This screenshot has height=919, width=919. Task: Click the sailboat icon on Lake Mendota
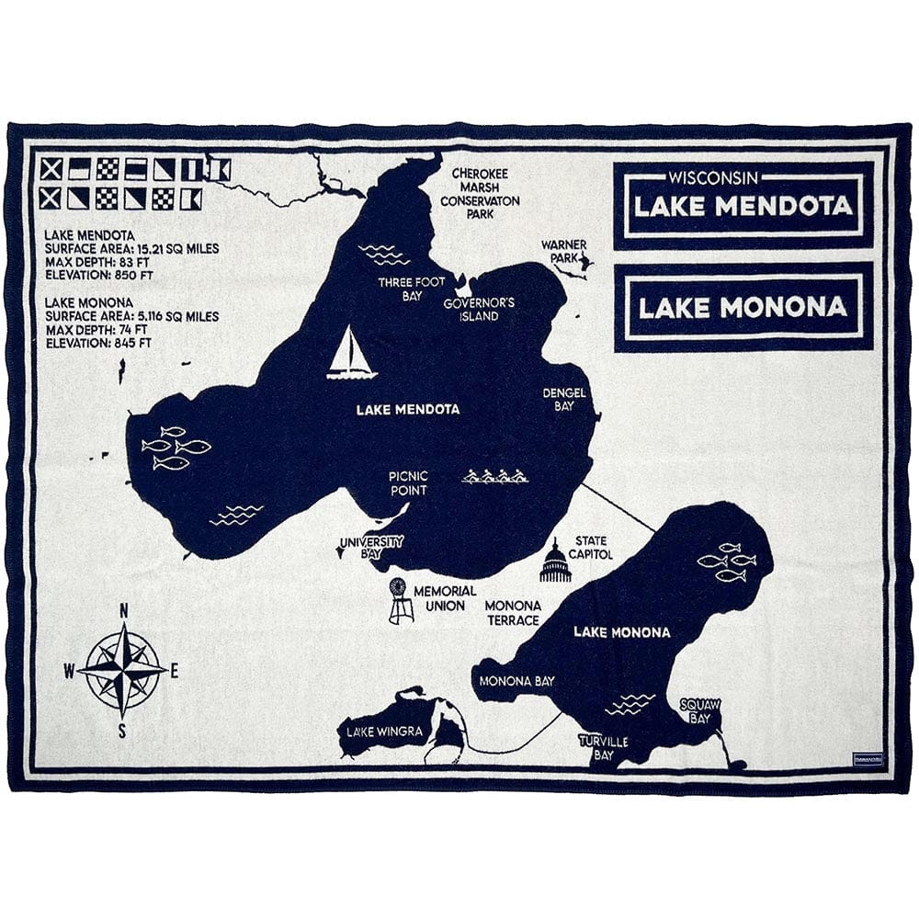(x=351, y=354)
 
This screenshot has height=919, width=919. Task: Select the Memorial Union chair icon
(x=400, y=601)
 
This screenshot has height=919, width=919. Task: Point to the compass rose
(x=122, y=669)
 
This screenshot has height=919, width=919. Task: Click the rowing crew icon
(x=494, y=476)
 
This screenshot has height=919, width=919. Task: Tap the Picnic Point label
(x=408, y=483)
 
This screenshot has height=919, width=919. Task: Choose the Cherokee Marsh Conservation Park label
(x=480, y=193)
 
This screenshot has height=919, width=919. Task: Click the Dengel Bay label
(x=564, y=399)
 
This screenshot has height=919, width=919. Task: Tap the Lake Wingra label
(x=372, y=732)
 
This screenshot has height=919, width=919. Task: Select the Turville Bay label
(x=603, y=747)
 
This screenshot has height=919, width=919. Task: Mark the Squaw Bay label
(x=700, y=710)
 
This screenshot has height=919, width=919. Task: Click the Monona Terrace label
(x=512, y=613)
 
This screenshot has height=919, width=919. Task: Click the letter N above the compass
(x=124, y=611)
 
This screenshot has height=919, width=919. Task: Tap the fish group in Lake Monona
(x=727, y=562)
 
